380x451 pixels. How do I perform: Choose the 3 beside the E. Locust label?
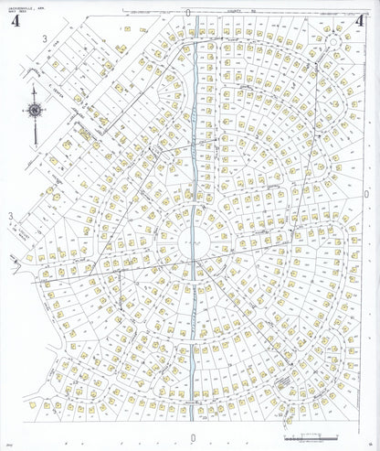point(11,216)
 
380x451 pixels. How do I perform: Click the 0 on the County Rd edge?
point(187,12)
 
